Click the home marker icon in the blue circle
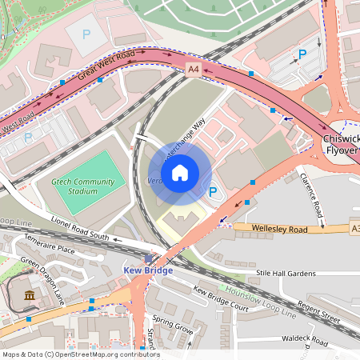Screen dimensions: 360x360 180,172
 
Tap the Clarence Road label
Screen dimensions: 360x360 310,194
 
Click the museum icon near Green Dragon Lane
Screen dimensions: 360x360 30,297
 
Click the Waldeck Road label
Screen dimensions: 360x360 303,341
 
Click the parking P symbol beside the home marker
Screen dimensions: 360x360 213,192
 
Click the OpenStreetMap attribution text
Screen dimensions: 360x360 80,354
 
